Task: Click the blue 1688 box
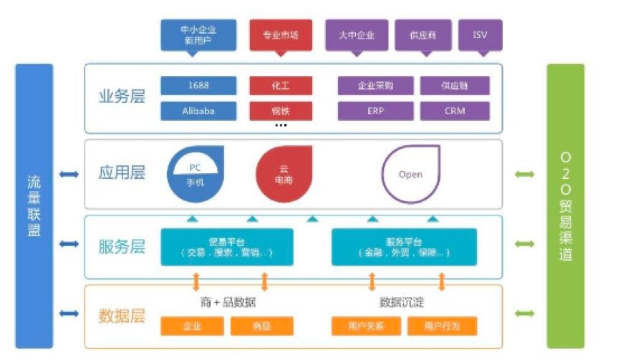coord(198,86)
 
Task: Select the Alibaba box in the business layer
coord(198,111)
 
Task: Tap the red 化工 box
coord(280,86)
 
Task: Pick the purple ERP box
coord(375,111)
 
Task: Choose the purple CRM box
coord(455,111)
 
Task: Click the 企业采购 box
coord(375,86)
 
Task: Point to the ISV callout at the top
coord(480,34)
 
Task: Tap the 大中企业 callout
coord(356,34)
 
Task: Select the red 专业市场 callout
coord(280,34)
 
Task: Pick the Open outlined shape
coord(410,173)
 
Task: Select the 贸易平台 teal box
coord(226,247)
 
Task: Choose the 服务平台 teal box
coord(403,247)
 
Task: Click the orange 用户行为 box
coord(441,326)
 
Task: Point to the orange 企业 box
coord(192,326)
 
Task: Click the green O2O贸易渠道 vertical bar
coord(565,206)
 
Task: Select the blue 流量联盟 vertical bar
coord(34,206)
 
